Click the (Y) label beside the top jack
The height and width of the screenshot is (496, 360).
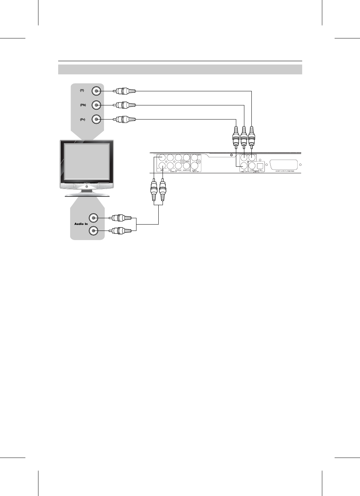pos(82,91)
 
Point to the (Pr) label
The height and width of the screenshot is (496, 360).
pos(82,119)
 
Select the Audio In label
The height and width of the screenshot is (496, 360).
pos(81,224)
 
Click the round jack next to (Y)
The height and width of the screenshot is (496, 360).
pos(96,91)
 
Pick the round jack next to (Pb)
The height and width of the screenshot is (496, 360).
pos(96,105)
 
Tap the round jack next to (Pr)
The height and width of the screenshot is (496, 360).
pos(96,119)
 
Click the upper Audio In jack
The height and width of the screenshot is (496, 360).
pos(93,218)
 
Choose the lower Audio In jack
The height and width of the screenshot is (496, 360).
pos(93,231)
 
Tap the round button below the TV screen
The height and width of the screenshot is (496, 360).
pos(86,186)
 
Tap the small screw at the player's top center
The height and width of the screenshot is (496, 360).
pos(231,155)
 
